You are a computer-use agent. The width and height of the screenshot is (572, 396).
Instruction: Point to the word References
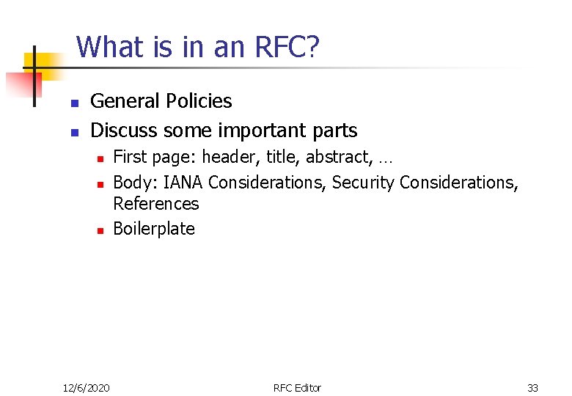[155, 203]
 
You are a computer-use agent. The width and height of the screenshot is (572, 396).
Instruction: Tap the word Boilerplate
[154, 228]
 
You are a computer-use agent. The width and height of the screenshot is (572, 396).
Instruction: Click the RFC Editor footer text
[297, 387]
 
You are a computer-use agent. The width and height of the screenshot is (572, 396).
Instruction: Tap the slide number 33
[532, 387]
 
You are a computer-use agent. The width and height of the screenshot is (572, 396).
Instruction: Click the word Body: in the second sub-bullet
[136, 182]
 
